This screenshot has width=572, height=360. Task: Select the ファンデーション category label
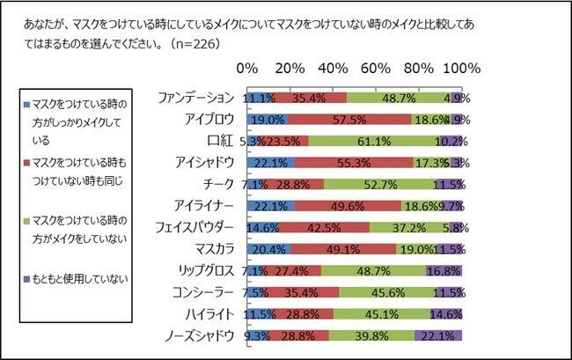click(x=194, y=97)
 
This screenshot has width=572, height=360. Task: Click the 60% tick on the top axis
click(x=376, y=69)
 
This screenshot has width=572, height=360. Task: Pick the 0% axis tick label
click(x=248, y=69)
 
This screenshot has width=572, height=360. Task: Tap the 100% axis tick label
click(x=460, y=69)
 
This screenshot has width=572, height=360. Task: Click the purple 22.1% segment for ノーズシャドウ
click(x=438, y=335)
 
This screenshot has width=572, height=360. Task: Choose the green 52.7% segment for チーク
click(x=381, y=184)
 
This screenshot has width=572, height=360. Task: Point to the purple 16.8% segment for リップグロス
click(x=444, y=270)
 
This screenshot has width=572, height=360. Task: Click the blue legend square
click(x=29, y=105)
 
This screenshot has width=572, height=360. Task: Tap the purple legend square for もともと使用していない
click(x=29, y=280)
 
